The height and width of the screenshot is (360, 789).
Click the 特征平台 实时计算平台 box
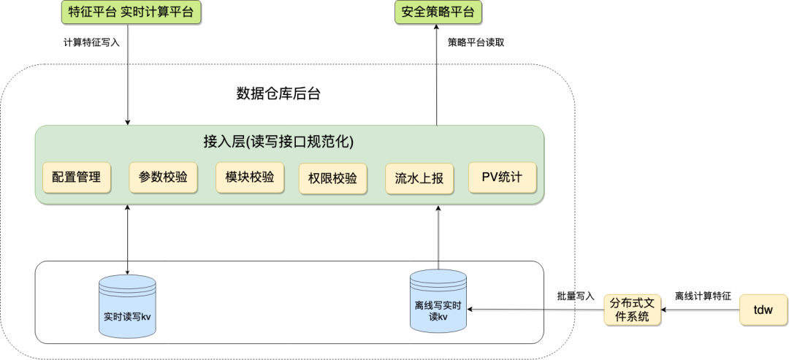point(129,12)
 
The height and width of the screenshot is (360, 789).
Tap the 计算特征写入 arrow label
point(91,42)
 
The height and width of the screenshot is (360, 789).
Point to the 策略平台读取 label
point(476,42)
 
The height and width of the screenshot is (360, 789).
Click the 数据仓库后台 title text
point(278,93)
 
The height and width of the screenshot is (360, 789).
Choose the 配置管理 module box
point(77,177)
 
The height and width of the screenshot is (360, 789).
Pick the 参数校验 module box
point(163,177)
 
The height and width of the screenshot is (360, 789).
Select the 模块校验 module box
point(249,177)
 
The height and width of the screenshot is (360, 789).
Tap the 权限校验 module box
point(332,179)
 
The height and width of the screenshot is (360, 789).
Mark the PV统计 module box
point(502,177)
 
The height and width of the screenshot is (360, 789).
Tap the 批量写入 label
point(575,296)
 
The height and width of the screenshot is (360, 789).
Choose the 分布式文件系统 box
point(632,310)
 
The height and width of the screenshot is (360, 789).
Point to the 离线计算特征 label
point(703,296)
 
